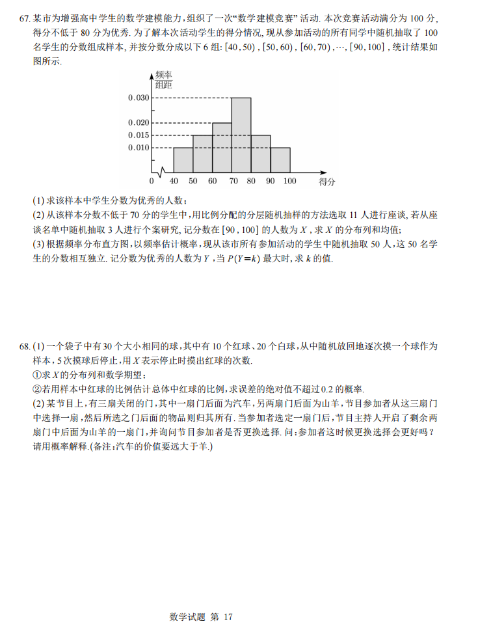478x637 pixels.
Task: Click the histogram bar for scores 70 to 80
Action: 241,135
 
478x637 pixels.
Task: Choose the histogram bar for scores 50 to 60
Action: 203,154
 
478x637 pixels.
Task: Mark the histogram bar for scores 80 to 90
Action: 261,154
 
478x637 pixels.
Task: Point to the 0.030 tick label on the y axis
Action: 139,98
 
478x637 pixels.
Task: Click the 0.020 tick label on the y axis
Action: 139,122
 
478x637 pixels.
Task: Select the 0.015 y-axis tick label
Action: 139,135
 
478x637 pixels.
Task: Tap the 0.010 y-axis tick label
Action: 139,148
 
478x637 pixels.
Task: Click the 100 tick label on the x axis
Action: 289,181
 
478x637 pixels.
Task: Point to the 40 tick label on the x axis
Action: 174,181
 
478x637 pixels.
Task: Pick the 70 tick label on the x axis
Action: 232,181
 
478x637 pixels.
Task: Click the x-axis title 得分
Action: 326,182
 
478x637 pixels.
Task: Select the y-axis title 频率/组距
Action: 163,79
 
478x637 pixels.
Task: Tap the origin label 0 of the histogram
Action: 152,181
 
